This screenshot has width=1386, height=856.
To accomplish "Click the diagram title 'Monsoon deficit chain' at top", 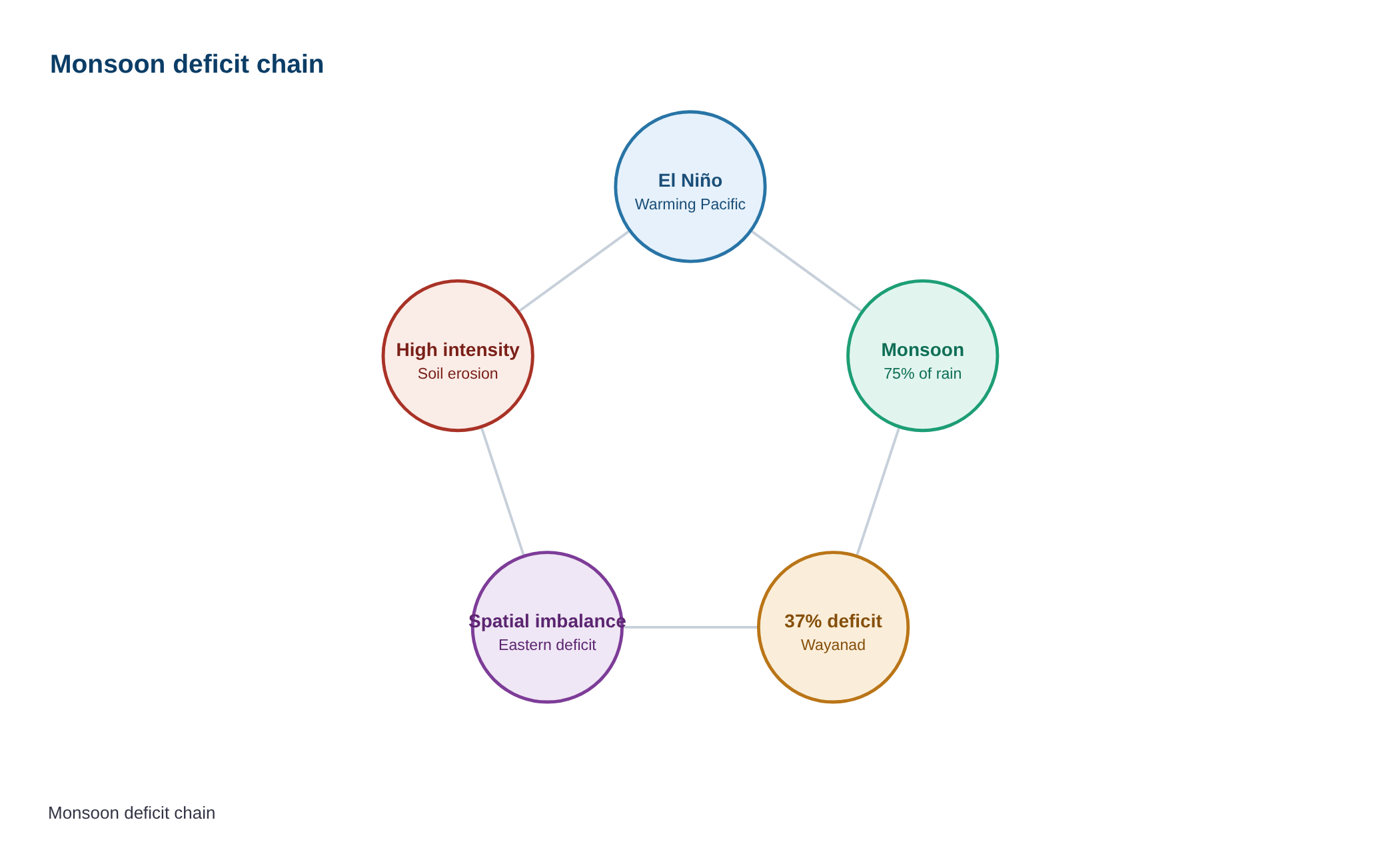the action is click(x=187, y=65).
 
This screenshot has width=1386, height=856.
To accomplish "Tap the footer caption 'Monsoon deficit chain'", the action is click(x=132, y=813).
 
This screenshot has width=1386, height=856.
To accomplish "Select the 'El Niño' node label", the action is click(x=690, y=181).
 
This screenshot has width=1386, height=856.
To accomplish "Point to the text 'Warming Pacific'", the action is click(x=690, y=205).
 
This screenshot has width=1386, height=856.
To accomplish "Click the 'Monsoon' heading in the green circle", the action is click(x=923, y=350).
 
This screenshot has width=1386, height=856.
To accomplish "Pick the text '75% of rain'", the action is click(x=923, y=374).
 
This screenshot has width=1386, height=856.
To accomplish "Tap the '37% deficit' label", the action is click(x=834, y=621).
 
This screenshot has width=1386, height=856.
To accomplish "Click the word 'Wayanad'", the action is click(x=834, y=645).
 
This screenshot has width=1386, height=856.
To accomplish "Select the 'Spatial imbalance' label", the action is click(x=548, y=621).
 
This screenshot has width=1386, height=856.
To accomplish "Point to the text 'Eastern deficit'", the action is click(x=548, y=645).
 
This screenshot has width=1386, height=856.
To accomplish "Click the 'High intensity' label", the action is click(x=458, y=350).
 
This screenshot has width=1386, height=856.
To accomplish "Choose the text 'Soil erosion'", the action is click(x=458, y=374).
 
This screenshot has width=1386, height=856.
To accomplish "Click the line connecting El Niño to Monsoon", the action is click(x=806, y=271).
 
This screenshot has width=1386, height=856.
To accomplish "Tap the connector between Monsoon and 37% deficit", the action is click(x=878, y=491).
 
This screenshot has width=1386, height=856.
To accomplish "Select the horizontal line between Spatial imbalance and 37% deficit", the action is click(x=690, y=627).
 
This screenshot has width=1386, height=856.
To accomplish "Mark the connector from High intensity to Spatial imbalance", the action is click(x=502, y=491).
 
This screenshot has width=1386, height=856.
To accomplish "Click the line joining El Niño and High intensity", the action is click(x=574, y=271).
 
